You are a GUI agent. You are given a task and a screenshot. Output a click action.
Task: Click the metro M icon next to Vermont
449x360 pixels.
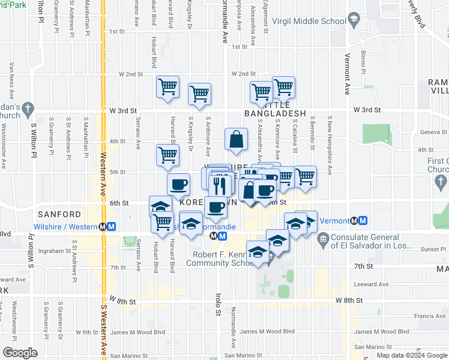(361, 221)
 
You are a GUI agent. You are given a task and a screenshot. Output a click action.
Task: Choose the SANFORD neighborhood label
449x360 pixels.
(59, 214)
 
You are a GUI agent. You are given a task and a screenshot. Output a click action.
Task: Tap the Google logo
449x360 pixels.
(20, 352)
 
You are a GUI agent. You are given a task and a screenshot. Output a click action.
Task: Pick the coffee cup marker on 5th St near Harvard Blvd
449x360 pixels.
(178, 184)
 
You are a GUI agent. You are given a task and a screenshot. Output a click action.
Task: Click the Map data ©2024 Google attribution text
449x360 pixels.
(412, 355)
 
